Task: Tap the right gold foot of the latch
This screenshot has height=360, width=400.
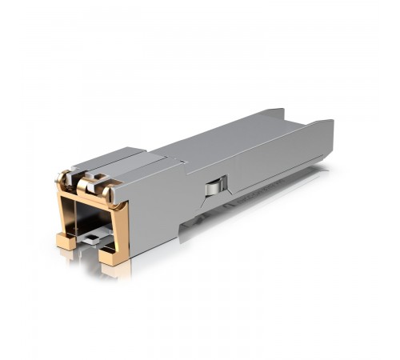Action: (113, 255)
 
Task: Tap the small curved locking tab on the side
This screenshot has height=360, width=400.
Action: (211, 188)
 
